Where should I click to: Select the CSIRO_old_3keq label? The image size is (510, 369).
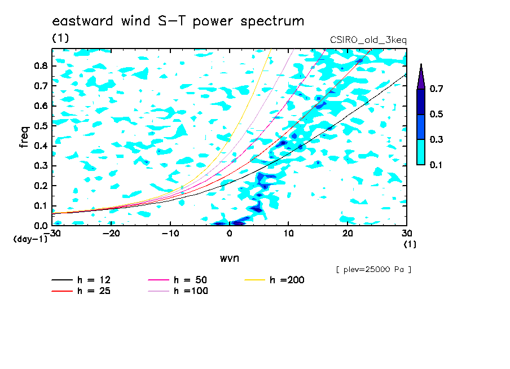coord(368,41)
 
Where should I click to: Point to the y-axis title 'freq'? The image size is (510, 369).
coord(24,137)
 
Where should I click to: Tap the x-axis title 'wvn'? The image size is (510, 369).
coord(230,258)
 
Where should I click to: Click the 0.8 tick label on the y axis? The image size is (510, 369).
coord(41,65)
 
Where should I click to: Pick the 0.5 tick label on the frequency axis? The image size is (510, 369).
coord(41,126)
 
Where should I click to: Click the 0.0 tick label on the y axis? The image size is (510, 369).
coord(41,226)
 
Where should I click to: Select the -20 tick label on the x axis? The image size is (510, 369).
coord(111,234)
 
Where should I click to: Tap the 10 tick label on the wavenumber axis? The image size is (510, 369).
coord(288,234)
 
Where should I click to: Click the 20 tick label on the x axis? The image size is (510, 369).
coord(348,234)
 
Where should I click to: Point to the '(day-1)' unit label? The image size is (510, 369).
coord(30,239)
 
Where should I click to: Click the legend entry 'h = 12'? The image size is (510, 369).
coord(81,280)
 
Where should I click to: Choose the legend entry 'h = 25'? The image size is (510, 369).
coord(81,291)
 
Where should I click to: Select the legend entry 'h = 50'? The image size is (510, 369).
coord(178,280)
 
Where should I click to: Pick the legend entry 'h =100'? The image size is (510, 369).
coord(178,291)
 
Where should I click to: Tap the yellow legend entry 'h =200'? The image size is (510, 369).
coord(275,280)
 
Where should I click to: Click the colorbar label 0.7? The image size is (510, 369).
coord(437,89)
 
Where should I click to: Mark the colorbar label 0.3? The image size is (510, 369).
coord(437,139)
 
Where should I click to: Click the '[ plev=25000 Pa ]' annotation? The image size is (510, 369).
coord(373,270)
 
